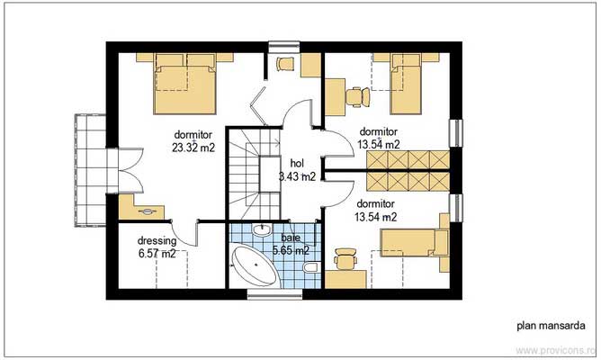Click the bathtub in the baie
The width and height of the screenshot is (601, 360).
(x=255, y=266)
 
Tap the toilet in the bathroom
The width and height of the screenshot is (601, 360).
(x=311, y=266)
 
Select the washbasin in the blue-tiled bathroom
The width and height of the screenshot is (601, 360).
(x=262, y=230)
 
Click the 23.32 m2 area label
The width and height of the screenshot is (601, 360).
(x=193, y=148)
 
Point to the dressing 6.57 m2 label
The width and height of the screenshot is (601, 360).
(x=157, y=247)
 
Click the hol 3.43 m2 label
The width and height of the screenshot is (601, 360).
(x=297, y=170)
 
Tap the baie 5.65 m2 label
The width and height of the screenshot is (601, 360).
(x=291, y=244)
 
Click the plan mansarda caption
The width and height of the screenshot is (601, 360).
(x=551, y=326)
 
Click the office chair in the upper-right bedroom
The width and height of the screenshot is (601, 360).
(x=358, y=95)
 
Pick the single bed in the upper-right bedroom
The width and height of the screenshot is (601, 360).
(x=406, y=83)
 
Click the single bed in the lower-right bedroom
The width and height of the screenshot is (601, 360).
(x=415, y=242)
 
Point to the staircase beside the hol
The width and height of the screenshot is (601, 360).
(x=255, y=174)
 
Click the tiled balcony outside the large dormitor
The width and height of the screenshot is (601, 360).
(x=91, y=170)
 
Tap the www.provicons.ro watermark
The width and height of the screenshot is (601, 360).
(x=556, y=350)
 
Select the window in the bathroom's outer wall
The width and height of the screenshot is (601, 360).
(x=274, y=294)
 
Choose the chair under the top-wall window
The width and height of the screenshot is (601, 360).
(x=285, y=64)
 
